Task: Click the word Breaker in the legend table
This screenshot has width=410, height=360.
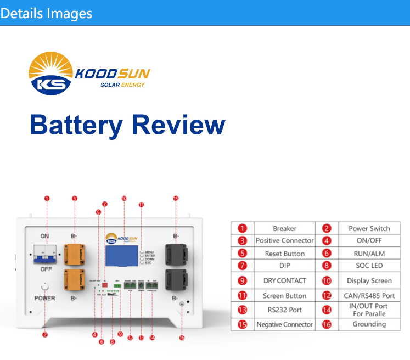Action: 284,228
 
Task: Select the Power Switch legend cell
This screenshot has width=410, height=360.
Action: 369,228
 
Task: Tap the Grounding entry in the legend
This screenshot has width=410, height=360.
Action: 369,324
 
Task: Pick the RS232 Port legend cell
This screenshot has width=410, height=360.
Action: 284,310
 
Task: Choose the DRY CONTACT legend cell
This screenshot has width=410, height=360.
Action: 284,280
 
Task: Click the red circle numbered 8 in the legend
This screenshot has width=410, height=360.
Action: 327,266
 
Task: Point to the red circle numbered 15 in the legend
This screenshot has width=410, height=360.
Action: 242,324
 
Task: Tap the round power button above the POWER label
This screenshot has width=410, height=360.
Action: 45,286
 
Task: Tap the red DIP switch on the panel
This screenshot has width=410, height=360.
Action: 105,270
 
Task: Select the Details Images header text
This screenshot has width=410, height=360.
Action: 46,13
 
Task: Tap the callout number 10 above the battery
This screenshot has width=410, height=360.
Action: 124,198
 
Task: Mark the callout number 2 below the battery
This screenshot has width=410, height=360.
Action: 45,334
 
